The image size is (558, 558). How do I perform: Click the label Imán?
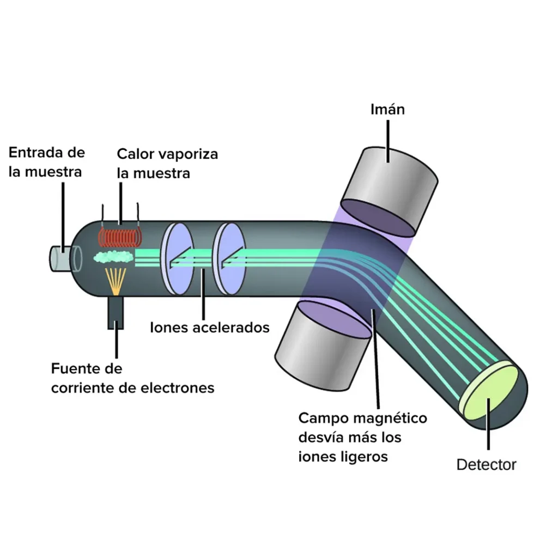(x=387, y=109)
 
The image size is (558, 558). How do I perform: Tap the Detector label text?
(x=486, y=464)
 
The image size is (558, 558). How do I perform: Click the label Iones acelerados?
(x=210, y=327)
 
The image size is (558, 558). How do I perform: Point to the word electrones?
(x=178, y=387)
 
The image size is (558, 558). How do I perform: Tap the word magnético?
(x=391, y=418)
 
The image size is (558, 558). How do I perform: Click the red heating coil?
(x=120, y=236)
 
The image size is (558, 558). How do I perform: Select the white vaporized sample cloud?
(x=113, y=256)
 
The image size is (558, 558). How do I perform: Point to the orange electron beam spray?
(x=116, y=281)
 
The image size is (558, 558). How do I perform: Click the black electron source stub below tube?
(x=116, y=313)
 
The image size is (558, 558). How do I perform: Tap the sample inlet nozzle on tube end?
(x=61, y=258)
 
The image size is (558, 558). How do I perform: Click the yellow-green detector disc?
(x=490, y=391)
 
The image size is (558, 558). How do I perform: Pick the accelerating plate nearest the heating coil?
(x=177, y=259)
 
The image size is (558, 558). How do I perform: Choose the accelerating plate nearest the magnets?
(x=229, y=259)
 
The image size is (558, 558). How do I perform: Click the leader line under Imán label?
(x=388, y=141)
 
